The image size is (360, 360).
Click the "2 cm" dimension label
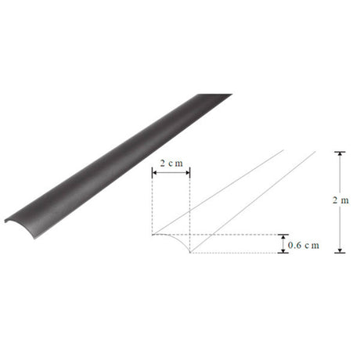171,163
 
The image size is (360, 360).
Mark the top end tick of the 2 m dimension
338,151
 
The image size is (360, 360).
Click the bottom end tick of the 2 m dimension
338,252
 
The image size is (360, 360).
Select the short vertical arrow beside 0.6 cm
281,243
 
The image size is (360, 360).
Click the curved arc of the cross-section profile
182,239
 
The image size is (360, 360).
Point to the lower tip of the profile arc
190,253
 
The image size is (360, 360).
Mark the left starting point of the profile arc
153,234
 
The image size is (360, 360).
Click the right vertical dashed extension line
190,211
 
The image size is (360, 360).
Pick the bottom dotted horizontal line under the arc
235,253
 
